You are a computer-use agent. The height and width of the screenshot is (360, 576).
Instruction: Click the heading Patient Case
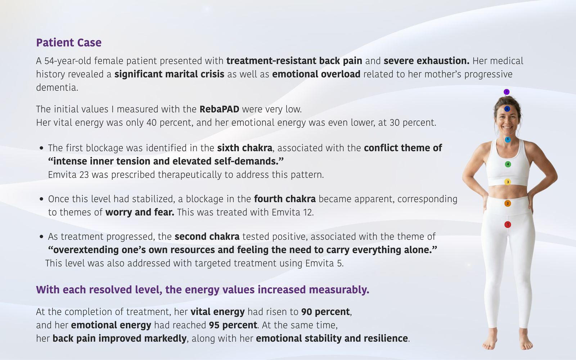tap(69, 42)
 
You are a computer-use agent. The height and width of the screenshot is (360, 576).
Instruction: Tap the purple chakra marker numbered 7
tap(507, 92)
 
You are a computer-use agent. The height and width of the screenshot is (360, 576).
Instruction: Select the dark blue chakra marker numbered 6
tap(507, 109)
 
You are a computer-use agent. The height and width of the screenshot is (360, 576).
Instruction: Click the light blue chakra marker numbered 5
tap(508, 139)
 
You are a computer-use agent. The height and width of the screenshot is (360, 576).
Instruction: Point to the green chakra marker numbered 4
tap(508, 164)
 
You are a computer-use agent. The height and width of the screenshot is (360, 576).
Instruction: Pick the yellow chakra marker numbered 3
tap(508, 182)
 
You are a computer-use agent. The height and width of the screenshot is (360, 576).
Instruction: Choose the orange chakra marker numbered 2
tap(508, 203)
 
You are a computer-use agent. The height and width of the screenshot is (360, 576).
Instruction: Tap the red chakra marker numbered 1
tap(508, 225)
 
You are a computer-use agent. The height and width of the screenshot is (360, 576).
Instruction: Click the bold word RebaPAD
tap(219, 109)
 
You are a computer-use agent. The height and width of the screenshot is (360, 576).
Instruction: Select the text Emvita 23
tap(68, 175)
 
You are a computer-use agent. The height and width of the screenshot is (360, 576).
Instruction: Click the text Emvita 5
tap(324, 263)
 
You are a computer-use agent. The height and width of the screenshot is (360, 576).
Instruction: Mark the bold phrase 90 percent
tap(325, 312)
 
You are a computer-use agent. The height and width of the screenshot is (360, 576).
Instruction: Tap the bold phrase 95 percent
tap(233, 325)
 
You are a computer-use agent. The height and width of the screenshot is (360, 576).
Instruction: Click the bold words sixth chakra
tap(244, 148)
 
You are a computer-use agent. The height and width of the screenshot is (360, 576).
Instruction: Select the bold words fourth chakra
tap(285, 199)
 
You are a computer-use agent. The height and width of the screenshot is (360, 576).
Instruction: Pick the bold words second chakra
tap(207, 236)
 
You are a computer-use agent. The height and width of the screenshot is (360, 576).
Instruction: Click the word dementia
tap(57, 87)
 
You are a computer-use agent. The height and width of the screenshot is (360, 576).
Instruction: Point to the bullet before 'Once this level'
tap(41, 199)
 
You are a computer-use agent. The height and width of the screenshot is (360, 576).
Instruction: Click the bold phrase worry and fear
tap(140, 212)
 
